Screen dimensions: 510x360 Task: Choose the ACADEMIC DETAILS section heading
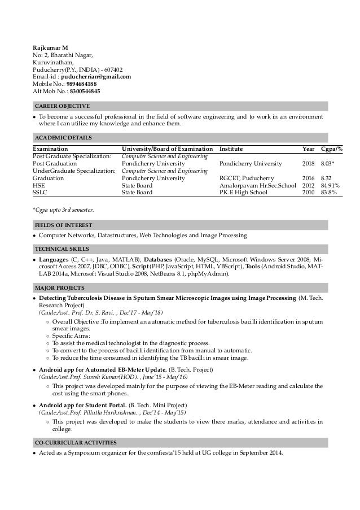pos(63,137)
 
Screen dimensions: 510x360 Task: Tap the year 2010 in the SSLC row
pos(309,193)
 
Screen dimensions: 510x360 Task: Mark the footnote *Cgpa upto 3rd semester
pos(64,210)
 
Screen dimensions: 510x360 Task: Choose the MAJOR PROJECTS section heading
pos(60,288)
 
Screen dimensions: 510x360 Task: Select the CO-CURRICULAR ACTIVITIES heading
pos(76,442)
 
